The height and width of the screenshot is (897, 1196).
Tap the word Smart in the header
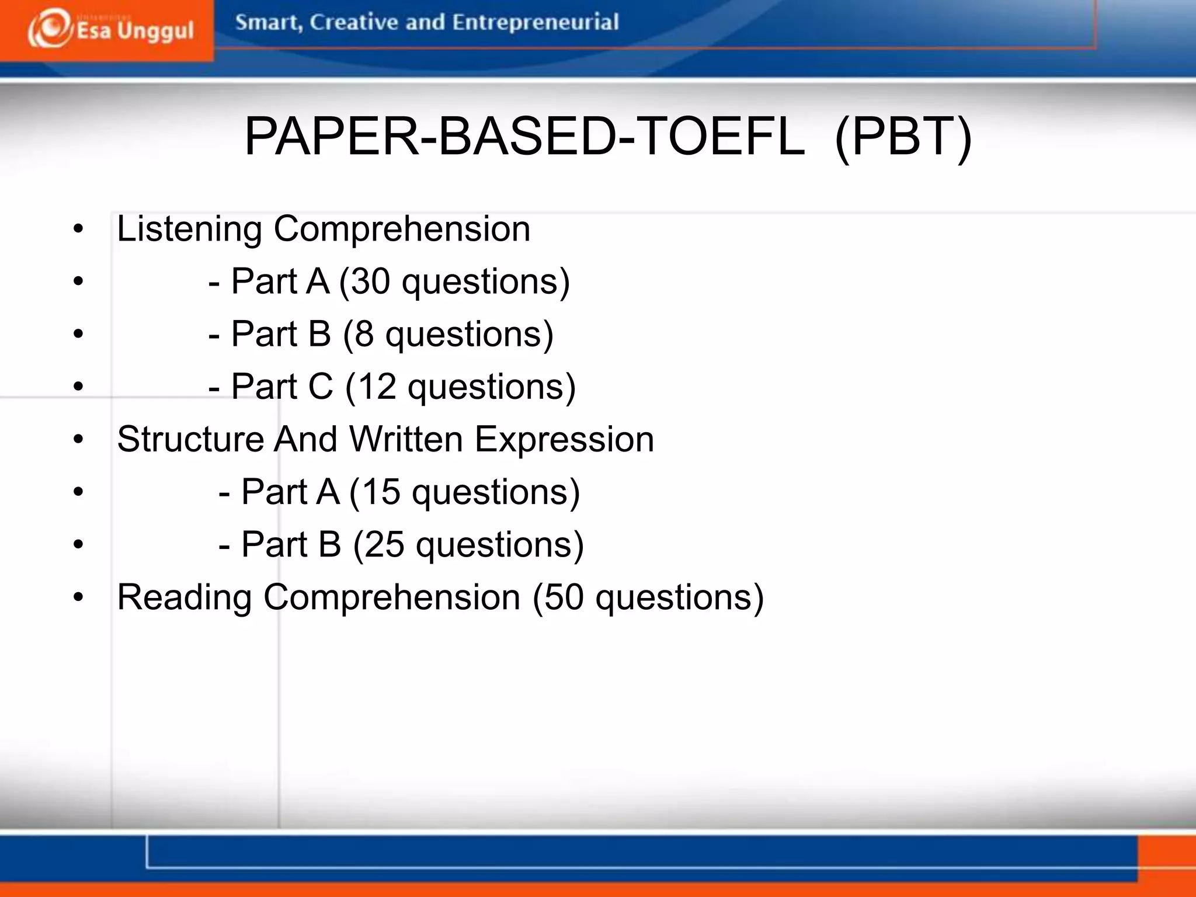pos(267,22)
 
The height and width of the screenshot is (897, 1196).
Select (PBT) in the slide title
pos(903,136)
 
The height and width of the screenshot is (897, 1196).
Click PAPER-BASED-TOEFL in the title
pos(524,136)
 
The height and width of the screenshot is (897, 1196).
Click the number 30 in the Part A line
pos(370,281)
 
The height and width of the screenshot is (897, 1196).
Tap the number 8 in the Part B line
pos(364,334)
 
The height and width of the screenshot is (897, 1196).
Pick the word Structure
pos(190,439)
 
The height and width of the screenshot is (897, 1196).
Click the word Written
pos(406,439)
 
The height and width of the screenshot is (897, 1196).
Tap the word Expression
pos(564,439)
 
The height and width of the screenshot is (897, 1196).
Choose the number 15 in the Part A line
pos(381,492)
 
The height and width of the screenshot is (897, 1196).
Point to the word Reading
pos(185,597)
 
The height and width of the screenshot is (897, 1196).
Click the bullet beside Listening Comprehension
pos(79,229)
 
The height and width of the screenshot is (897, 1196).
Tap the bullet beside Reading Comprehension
pos(79,597)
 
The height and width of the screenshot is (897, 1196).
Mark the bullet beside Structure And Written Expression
pos(79,439)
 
